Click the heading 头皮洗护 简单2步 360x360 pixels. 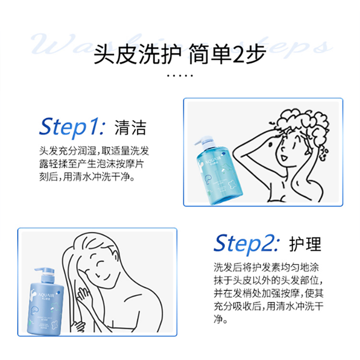tap(180, 58)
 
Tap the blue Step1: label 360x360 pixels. tap(72, 128)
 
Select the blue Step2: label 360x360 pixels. tap(246, 243)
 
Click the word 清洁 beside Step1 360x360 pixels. tap(130, 128)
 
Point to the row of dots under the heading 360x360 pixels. tap(180, 76)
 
